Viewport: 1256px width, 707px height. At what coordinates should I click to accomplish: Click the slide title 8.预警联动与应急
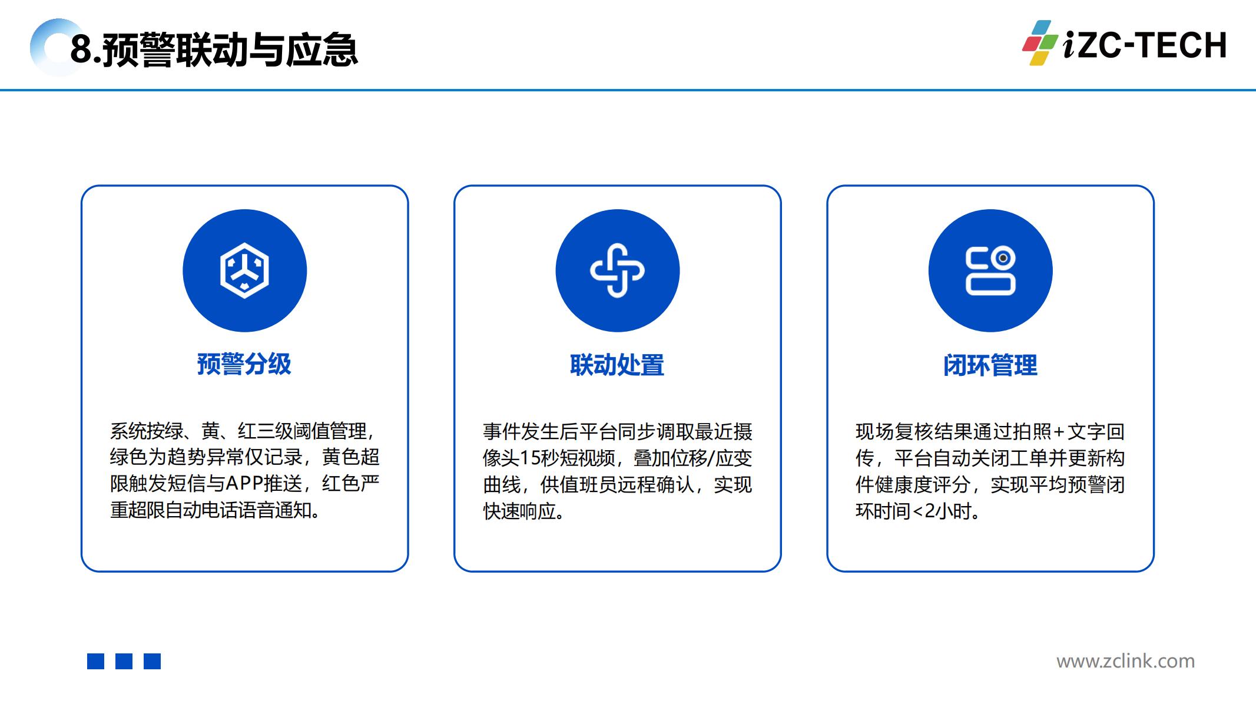tap(214, 49)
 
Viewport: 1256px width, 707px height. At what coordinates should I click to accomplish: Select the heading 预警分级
tap(244, 364)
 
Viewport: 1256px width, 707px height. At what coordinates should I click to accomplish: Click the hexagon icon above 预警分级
tap(244, 270)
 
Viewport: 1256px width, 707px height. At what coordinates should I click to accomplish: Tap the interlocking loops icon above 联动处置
tap(617, 270)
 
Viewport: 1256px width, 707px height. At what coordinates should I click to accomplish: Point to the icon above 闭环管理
tap(990, 270)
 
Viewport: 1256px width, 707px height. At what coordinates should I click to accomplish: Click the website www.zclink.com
tap(1126, 661)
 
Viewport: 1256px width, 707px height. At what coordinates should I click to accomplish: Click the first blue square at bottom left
tap(95, 661)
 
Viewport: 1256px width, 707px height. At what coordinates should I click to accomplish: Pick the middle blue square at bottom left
tap(124, 661)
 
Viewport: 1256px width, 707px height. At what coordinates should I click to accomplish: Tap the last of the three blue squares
tap(152, 661)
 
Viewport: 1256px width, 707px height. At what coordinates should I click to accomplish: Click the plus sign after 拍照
tap(1059, 432)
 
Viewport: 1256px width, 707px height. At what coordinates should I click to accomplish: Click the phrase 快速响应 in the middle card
tap(519, 511)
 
